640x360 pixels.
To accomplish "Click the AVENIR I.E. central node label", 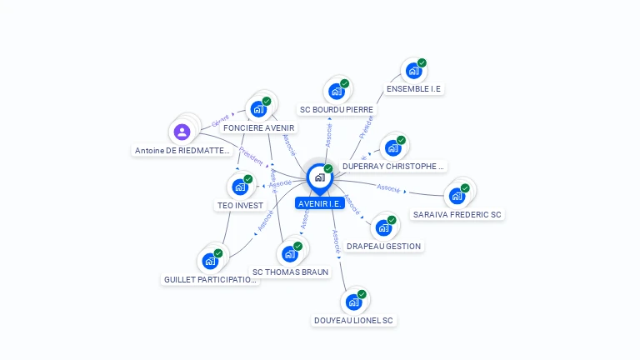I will [320, 203].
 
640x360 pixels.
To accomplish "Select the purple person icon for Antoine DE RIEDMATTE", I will [182, 132].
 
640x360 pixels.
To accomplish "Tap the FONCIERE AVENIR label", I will [258, 128].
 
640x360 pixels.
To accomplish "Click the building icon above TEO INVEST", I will [240, 187].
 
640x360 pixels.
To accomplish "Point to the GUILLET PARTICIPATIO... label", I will [211, 280].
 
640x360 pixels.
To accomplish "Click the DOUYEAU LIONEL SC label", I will [353, 320].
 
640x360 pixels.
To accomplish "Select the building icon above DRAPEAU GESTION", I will [383, 227].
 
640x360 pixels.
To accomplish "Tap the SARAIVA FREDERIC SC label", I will [457, 215].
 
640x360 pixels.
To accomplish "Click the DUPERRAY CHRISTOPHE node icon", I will [392, 148].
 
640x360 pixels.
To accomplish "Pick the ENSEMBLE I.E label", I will [413, 88].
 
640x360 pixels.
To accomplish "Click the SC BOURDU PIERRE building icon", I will [336, 91].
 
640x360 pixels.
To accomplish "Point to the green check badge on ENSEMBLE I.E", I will [422, 63].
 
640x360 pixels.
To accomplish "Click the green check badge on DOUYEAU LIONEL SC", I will [362, 294].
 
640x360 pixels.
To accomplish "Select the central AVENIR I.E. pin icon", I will [319, 177].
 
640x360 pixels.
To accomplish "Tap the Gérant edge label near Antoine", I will [220, 121].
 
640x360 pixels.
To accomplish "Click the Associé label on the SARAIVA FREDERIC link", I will [388, 188].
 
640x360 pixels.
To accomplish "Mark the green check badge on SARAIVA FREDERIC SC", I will [465, 188].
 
